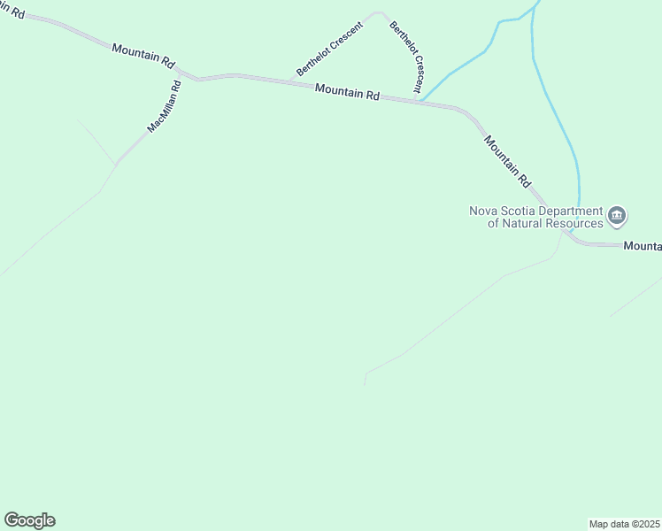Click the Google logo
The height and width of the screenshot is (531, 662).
pyautogui.click(x=29, y=520)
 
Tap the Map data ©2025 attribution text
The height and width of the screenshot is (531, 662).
pyautogui.click(x=624, y=523)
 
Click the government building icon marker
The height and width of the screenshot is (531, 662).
pyautogui.click(x=617, y=215)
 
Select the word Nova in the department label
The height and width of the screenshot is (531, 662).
pyautogui.click(x=483, y=211)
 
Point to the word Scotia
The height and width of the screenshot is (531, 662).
pyautogui.click(x=520, y=211)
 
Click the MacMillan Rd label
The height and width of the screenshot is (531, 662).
pyautogui.click(x=165, y=107)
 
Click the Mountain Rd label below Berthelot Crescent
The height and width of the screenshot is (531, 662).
pyautogui.click(x=347, y=92)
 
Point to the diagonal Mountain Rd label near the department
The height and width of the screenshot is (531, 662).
pyautogui.click(x=506, y=160)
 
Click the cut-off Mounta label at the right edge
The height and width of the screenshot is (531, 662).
pyautogui.click(x=643, y=246)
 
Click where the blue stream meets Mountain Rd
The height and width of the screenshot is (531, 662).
pyautogui.click(x=421, y=100)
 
